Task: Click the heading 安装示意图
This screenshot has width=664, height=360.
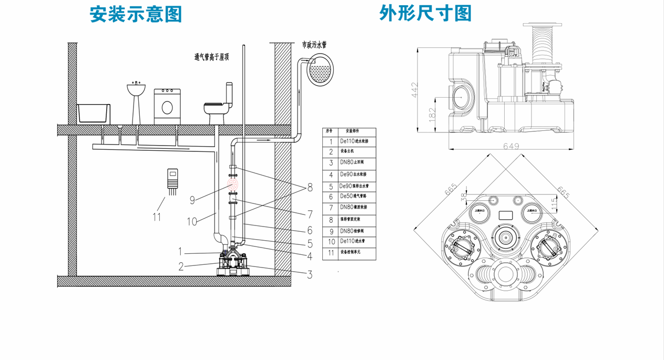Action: [136, 15]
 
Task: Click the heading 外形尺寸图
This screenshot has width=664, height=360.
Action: [425, 14]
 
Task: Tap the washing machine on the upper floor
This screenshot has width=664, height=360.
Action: [167, 107]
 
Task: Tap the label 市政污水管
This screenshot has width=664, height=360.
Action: [314, 45]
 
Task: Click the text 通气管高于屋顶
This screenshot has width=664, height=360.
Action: [211, 57]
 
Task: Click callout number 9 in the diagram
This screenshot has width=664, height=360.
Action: [192, 200]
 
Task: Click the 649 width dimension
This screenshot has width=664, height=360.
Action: [511, 146]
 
